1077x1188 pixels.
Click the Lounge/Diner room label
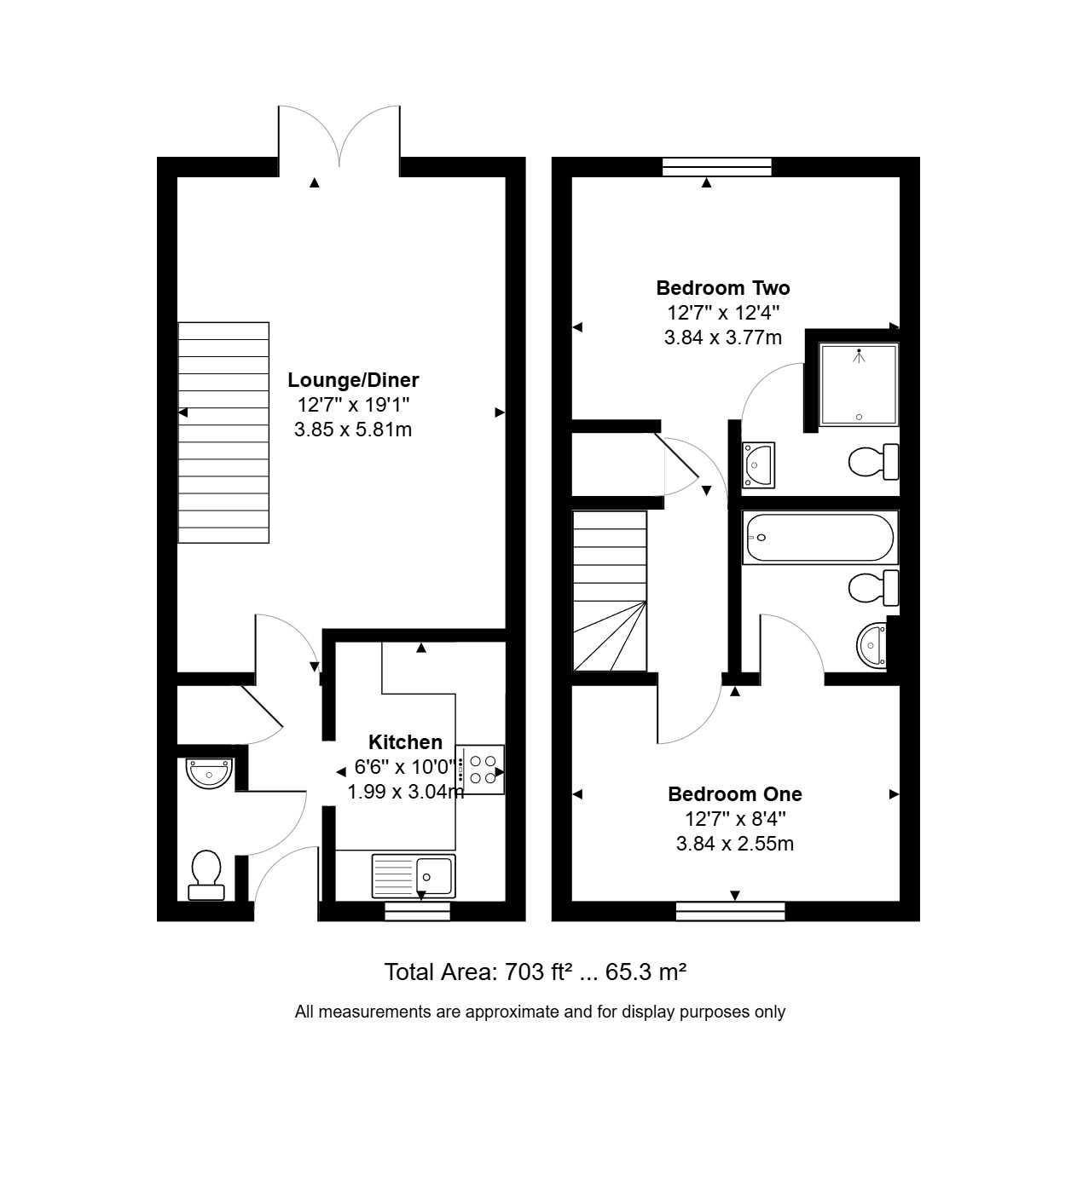pos(353,380)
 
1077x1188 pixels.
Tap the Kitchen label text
pos(405,742)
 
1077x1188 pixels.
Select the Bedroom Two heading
pos(722,288)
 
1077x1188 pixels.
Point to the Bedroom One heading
pos(735,794)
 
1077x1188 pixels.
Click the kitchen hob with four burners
pos(481,770)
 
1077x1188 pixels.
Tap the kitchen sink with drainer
pos(414,875)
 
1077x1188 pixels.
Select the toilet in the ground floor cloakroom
pos(206,875)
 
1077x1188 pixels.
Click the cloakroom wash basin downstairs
pos(209,774)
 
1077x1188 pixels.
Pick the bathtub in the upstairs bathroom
pos(819,537)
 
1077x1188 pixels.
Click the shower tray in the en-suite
pos(859,384)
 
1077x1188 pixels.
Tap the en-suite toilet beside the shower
pos(874,461)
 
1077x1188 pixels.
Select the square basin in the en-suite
pos(758,465)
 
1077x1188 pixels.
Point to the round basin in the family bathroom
pos(871,645)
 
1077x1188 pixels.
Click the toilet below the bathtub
pos(874,587)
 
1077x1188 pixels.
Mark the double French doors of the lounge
pos(339,137)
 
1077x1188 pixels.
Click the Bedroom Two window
pos(717,167)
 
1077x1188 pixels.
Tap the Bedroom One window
pos(731,911)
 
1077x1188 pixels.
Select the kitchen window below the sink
pos(417,911)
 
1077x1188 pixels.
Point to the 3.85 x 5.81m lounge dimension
pos(353,430)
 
